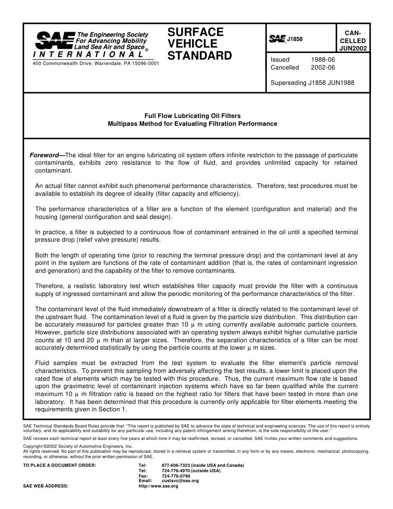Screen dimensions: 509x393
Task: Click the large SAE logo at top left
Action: (55, 41)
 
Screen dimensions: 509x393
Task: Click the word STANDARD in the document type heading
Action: (199, 56)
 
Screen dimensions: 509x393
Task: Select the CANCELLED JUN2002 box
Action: (352, 41)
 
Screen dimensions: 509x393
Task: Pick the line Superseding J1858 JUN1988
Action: (312, 82)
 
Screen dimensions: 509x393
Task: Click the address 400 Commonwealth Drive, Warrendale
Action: (96, 63)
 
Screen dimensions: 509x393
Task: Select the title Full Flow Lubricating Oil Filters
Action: (192, 116)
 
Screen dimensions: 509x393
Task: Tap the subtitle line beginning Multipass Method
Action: (192, 124)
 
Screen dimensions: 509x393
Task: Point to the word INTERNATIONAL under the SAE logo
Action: (89, 54)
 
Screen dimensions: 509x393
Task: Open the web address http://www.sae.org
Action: (158, 486)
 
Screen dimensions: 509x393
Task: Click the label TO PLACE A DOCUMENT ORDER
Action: (60, 466)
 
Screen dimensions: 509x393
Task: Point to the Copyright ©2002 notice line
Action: (78, 447)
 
